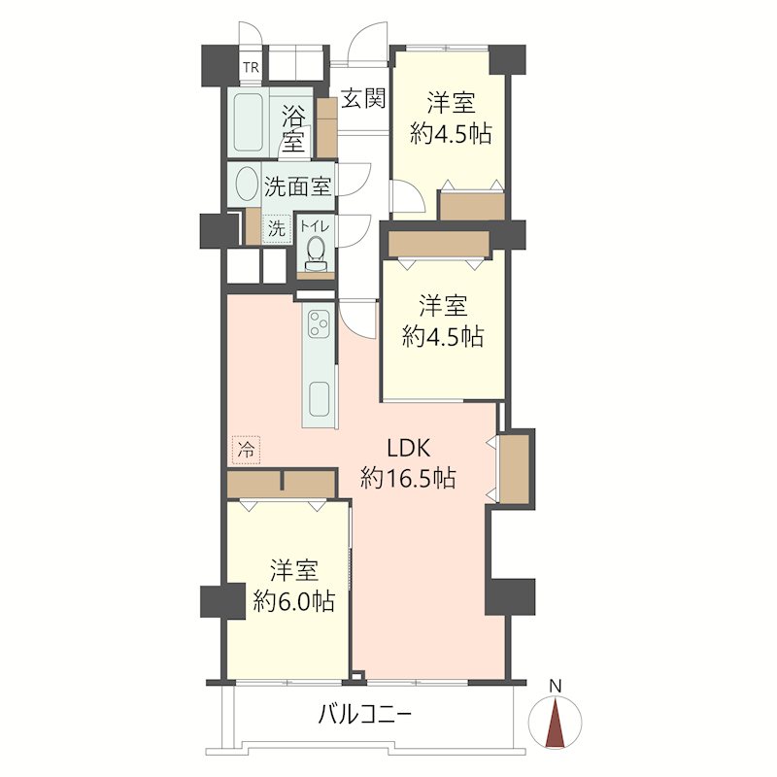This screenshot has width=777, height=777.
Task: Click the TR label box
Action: [252, 67]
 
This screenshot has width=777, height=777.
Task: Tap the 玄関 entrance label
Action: [363, 99]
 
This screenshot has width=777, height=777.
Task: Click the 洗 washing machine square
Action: [277, 228]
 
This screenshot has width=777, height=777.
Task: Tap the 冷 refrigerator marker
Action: [246, 450]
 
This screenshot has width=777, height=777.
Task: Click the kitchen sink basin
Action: [320, 399]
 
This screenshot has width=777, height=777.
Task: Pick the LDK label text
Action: [408, 449]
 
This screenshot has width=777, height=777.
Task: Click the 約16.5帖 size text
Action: [408, 479]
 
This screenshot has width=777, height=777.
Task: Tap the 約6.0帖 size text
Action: [294, 601]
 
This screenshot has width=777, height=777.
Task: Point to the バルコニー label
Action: [365, 715]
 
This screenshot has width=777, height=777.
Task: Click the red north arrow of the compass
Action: [555, 722]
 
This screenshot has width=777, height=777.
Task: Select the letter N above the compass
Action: [556, 687]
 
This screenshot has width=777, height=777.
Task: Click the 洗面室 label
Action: [297, 186]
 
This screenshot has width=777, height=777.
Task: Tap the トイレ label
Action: [315, 226]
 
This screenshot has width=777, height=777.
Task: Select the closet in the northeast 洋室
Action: [472, 206]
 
